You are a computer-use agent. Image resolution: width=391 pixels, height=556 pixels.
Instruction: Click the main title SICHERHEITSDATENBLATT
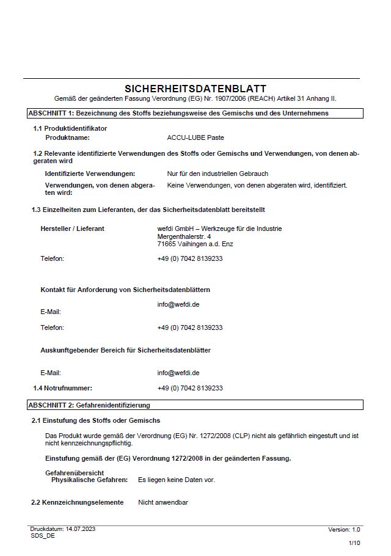point(195,89)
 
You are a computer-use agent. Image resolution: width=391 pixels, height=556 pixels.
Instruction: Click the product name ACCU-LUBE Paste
point(195,138)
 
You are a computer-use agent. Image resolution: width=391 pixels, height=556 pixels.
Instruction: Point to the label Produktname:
point(68,138)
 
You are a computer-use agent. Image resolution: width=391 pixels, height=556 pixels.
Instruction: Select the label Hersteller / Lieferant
point(72,229)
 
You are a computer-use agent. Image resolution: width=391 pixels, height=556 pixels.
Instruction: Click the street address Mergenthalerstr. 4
point(185,236)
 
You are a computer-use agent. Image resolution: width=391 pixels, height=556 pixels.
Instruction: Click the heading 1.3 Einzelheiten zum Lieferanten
point(148,210)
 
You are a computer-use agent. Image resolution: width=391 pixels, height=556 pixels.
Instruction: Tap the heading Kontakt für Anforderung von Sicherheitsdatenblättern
point(125,290)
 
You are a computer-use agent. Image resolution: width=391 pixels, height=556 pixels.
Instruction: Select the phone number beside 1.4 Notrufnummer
point(190,388)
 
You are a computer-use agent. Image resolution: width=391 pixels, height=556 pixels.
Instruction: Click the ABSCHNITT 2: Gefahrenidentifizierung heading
point(89,405)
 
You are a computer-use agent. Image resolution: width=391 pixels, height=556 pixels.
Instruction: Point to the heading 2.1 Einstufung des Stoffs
point(96,420)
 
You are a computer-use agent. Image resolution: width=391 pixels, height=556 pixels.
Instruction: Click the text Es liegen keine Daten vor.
point(177,480)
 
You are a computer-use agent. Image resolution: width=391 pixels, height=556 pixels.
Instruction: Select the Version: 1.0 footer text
point(344,530)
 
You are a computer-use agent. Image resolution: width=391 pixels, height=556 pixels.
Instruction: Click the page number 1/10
point(354,543)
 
